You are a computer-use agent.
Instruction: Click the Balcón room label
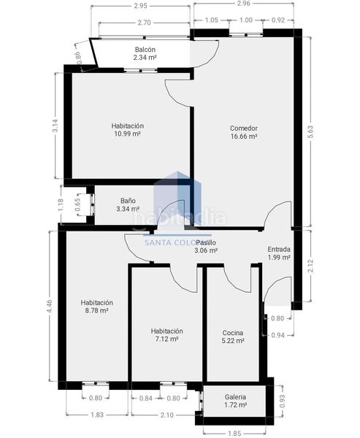[145, 49]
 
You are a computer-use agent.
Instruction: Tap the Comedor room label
[244, 128]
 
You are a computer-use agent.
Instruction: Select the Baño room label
[128, 200]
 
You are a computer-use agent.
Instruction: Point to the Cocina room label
[234, 333]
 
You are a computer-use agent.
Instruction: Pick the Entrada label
[279, 249]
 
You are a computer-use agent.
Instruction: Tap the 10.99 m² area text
[127, 134]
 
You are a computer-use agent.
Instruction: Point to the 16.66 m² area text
[244, 137]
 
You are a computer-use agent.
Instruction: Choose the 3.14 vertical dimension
[55, 126]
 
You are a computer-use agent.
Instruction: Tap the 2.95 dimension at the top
[141, 6]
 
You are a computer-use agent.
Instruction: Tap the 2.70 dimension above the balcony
[144, 23]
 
